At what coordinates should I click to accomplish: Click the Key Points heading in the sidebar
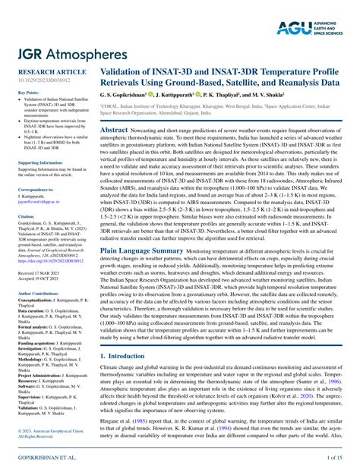pos(30,93)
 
